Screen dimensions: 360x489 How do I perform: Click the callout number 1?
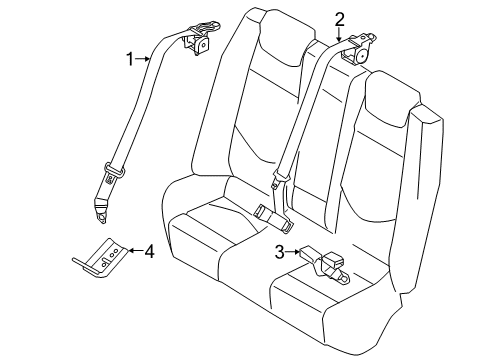[129, 60]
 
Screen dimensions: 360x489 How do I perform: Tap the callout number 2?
[340, 18]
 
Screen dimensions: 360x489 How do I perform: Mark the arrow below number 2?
[340, 34]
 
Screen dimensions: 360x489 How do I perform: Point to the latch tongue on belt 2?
[278, 182]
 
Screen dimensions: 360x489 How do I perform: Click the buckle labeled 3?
[326, 265]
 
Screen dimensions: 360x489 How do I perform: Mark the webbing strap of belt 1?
[140, 110]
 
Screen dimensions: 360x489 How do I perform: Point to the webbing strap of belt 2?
[304, 110]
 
